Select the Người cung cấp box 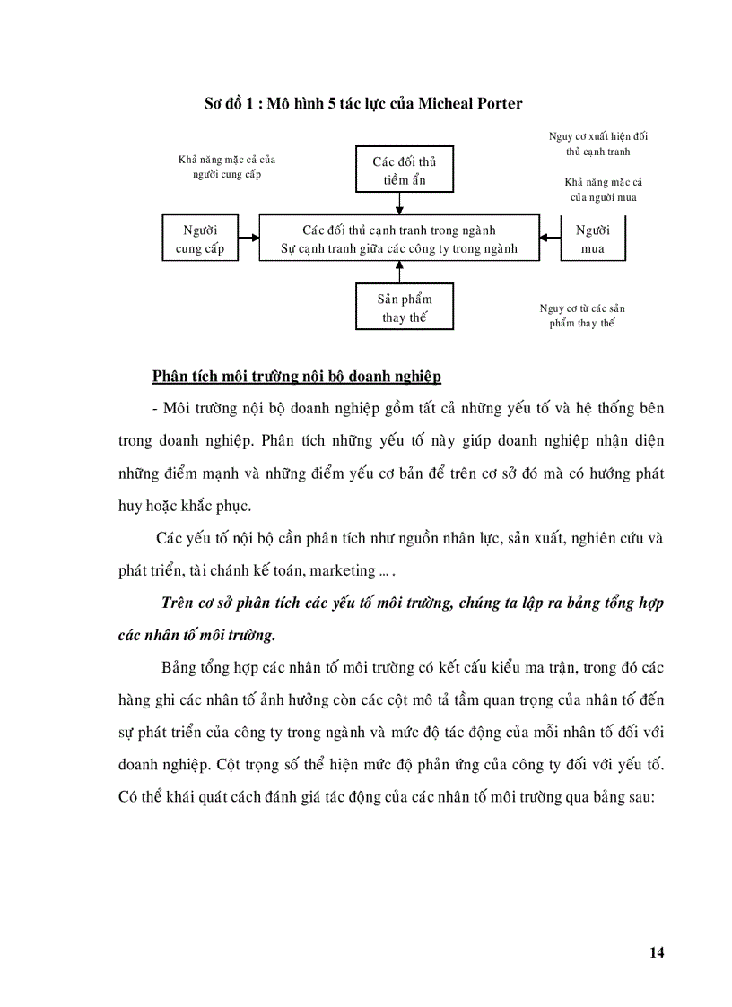200,239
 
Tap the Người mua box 593,239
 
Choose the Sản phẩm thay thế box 404,308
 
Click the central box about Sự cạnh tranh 399,239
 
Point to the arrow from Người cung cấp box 248,239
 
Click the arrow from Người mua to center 551,239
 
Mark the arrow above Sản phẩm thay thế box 404,273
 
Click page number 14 657,952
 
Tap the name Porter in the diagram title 497,103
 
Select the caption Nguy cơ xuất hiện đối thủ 598,143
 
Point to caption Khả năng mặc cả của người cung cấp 227,167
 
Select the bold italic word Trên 178,603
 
